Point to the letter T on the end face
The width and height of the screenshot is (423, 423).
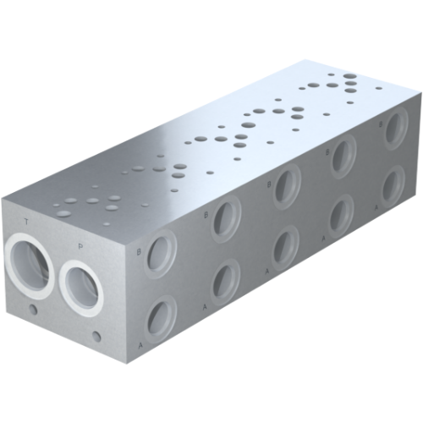tap(27, 222)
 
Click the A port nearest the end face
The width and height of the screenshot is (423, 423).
tap(158, 317)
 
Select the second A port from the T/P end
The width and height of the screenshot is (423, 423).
tap(224, 281)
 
